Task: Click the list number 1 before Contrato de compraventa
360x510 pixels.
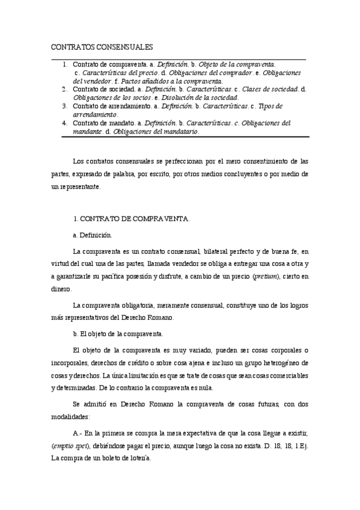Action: [65, 64]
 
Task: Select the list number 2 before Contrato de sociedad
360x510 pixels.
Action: [65, 89]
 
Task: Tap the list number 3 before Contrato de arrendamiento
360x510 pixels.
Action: [65, 106]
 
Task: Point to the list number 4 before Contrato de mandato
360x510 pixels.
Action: [65, 123]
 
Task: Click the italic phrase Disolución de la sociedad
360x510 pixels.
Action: [200, 97]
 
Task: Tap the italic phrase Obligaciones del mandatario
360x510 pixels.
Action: [156, 131]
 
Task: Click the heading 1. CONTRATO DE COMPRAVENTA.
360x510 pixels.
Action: [130, 219]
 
